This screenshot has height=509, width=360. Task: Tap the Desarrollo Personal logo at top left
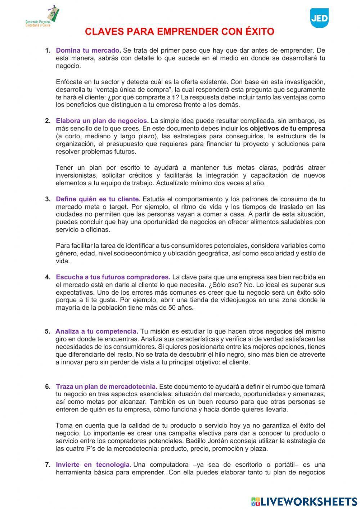coord(43,18)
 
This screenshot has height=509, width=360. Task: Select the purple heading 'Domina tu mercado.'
coord(88,50)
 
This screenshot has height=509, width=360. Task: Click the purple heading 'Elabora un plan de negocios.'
coord(102,121)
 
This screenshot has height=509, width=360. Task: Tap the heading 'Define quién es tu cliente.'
coord(98,199)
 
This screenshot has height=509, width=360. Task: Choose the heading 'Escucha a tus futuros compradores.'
coord(113,277)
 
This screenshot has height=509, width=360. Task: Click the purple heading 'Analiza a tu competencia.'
coord(96,331)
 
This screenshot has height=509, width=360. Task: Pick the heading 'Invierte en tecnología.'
coord(93,465)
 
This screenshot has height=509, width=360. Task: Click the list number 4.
coord(48,277)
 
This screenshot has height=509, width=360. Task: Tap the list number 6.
coord(48,387)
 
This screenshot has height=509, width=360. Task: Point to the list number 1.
coord(48,50)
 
